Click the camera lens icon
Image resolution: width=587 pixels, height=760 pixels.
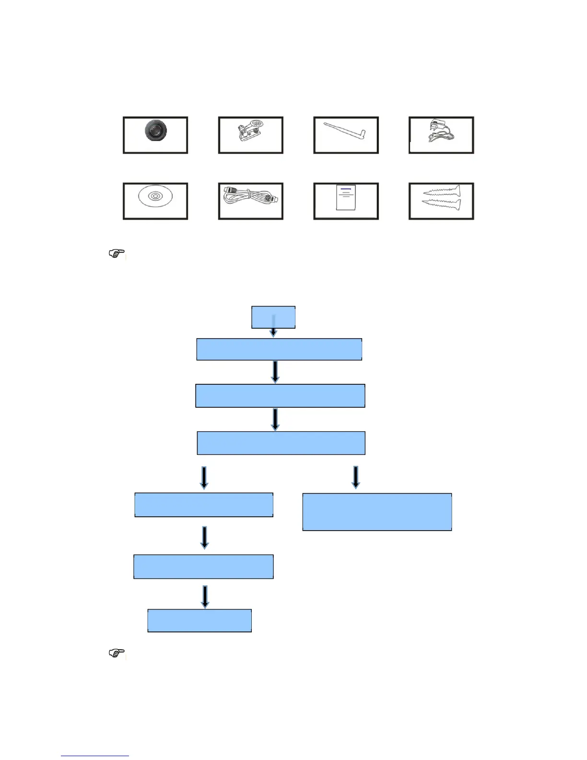click(155, 131)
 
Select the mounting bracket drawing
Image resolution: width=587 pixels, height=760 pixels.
click(250, 132)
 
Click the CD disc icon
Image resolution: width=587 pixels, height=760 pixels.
click(155, 196)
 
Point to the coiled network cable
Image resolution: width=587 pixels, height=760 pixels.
click(250, 197)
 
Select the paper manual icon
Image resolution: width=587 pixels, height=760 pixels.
click(345, 197)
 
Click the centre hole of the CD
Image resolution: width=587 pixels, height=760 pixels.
click(155, 196)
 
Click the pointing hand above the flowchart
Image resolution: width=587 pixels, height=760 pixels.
click(117, 253)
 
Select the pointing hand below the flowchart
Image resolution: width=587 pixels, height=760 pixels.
click(117, 653)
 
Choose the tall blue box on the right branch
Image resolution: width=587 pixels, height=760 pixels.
click(377, 511)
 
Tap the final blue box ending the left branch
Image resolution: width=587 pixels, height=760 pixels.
click(200, 620)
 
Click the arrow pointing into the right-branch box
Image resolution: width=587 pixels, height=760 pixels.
click(355, 477)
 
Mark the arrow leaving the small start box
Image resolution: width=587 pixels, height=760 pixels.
click(273, 329)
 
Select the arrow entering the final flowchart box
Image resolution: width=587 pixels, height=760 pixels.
click(205, 596)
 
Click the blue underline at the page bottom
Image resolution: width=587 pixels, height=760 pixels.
click(95, 756)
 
